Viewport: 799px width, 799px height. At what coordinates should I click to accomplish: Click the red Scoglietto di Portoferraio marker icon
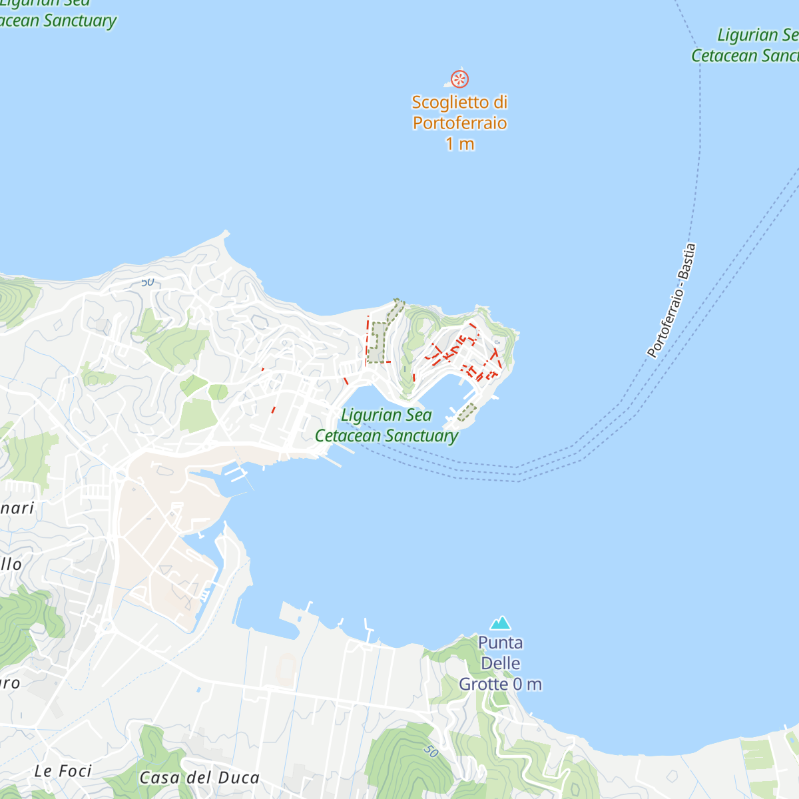click(x=459, y=79)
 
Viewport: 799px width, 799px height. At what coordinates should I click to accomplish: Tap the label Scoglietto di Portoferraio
click(x=459, y=113)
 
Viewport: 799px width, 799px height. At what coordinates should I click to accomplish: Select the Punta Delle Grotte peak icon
click(x=500, y=623)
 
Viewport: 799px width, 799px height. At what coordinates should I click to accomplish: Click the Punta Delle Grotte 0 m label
click(x=500, y=663)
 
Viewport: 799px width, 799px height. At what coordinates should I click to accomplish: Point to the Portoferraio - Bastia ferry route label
click(x=672, y=300)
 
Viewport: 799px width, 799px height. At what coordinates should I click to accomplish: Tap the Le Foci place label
click(x=63, y=771)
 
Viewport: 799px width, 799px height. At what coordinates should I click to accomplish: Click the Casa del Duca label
click(x=199, y=778)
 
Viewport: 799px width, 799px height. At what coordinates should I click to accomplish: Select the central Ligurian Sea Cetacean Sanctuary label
click(x=387, y=425)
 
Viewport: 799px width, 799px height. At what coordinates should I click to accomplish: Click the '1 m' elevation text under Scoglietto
click(x=459, y=144)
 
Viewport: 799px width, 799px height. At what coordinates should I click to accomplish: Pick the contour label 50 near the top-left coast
click(x=147, y=282)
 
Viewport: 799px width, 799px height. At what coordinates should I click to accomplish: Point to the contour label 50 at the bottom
click(x=431, y=750)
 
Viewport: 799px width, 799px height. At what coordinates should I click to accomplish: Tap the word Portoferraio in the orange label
click(x=459, y=123)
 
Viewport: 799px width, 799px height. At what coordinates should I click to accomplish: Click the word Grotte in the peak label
click(x=483, y=684)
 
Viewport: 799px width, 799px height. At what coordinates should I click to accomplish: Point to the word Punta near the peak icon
click(x=500, y=643)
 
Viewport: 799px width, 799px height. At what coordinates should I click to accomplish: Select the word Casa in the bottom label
click(x=160, y=778)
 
